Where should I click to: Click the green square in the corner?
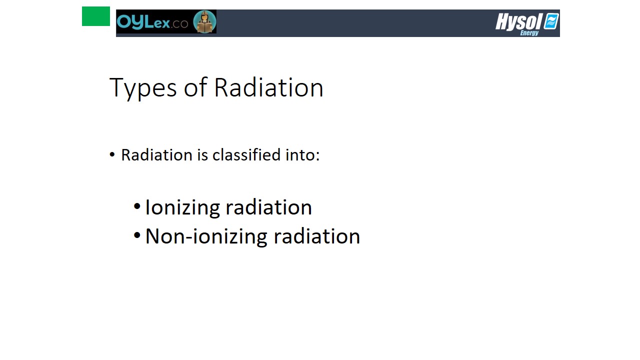(95, 16)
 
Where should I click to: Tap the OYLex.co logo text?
(152, 22)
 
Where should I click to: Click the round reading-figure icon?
(204, 21)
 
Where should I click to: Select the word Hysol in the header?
(518, 21)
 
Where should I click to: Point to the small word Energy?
(529, 33)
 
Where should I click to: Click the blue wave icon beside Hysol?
(551, 21)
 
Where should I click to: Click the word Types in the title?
(143, 88)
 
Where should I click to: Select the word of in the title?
(195, 87)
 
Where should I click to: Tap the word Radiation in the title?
(268, 87)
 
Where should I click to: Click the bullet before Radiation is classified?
(112, 155)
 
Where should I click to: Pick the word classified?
(246, 155)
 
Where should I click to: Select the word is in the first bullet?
(202, 155)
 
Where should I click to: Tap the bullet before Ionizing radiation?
(137, 206)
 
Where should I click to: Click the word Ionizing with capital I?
(183, 207)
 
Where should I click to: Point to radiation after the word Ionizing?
(269, 207)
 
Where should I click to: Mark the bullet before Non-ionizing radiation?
(137, 235)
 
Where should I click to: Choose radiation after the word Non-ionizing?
(317, 236)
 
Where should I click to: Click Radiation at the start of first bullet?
(157, 155)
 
